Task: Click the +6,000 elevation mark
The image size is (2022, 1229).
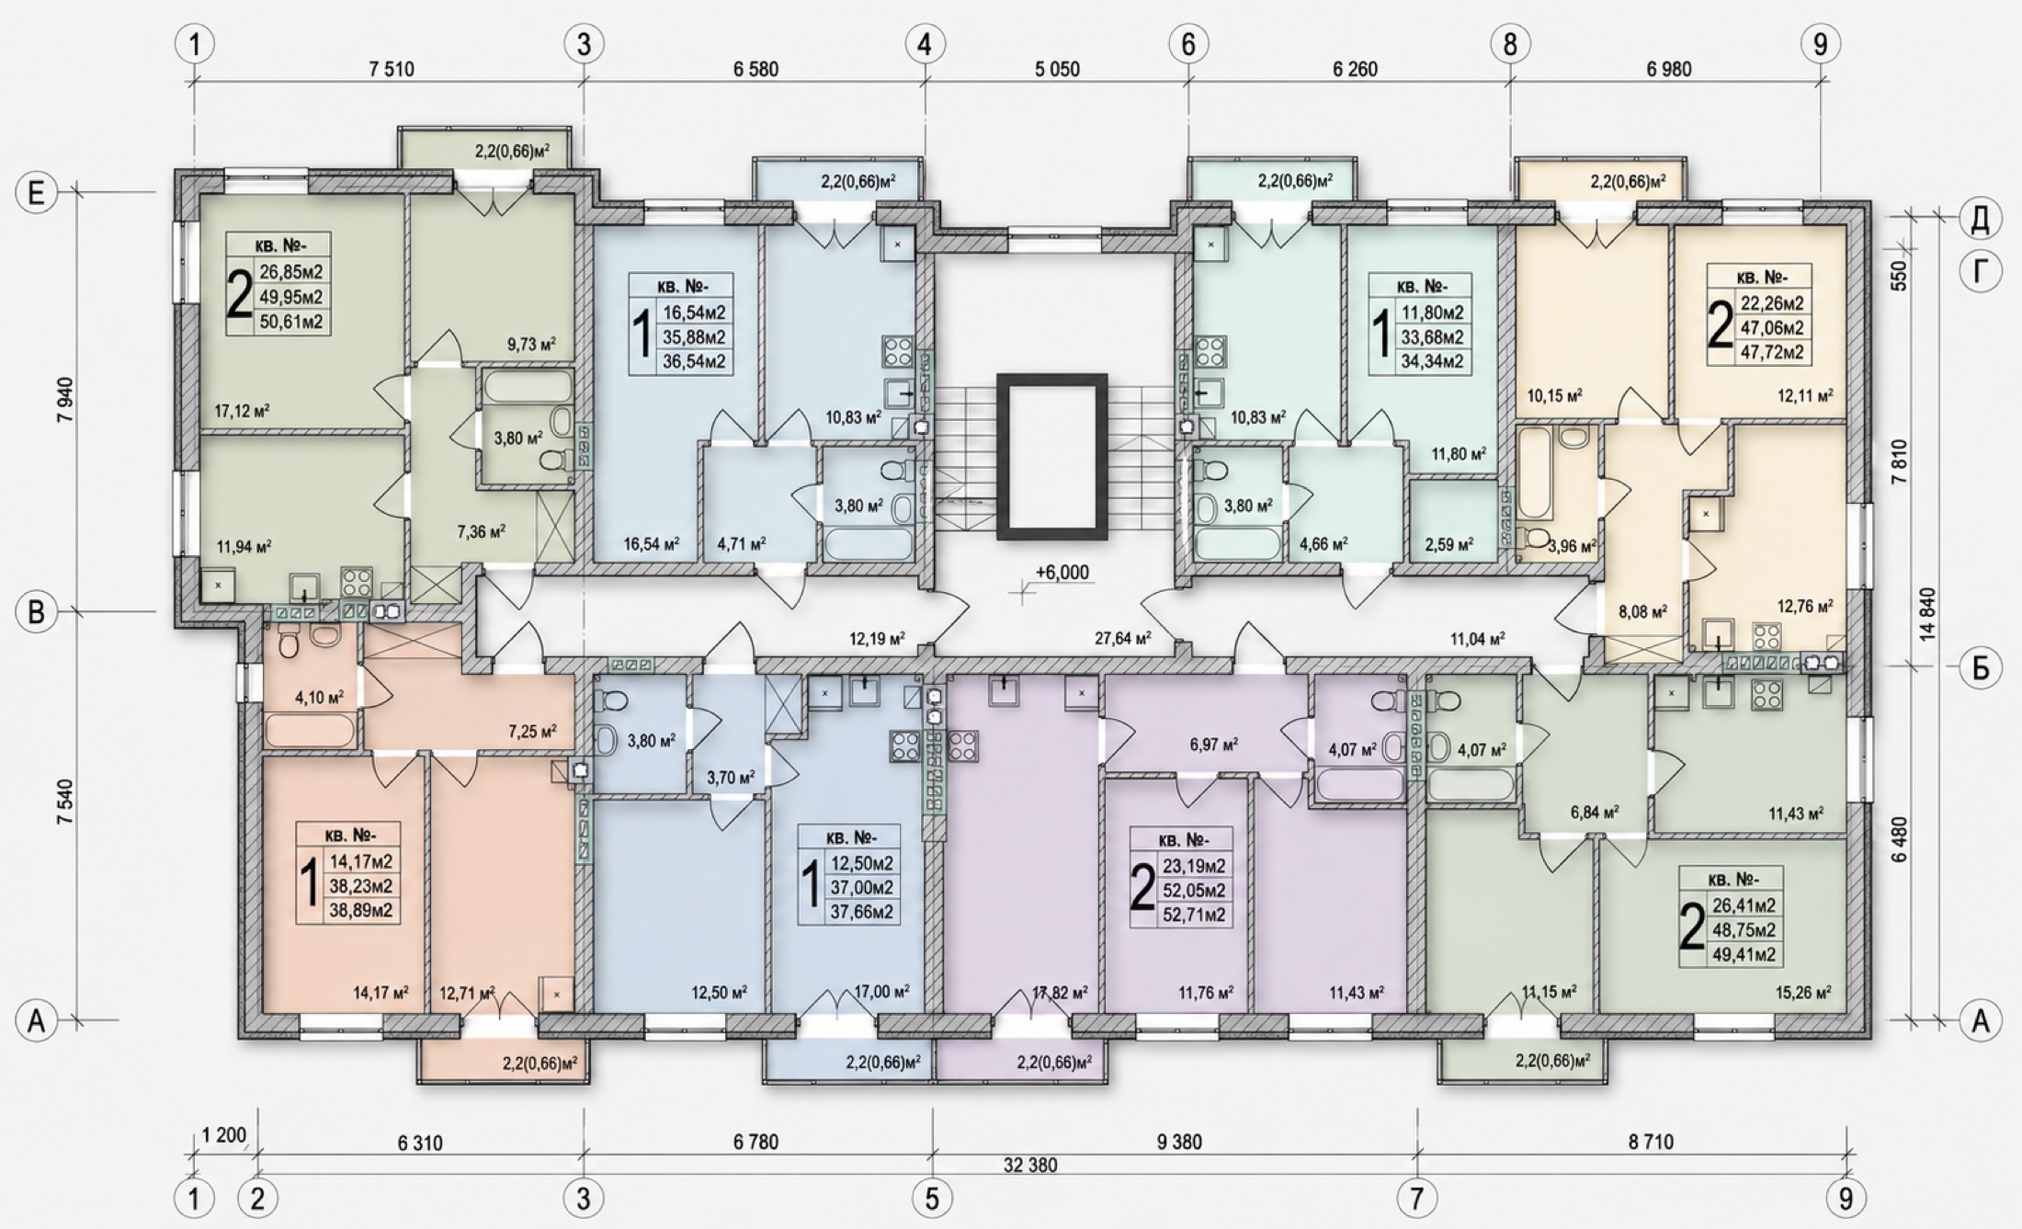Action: [x=1062, y=573]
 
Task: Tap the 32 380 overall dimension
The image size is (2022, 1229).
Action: [x=1030, y=1166]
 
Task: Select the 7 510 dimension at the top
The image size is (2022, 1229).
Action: [x=392, y=69]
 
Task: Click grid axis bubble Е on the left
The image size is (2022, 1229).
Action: [x=37, y=193]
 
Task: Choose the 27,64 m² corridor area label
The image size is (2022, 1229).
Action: [x=1123, y=636]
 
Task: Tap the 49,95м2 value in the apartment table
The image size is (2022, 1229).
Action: [x=291, y=297]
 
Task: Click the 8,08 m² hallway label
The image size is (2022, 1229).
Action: [x=1642, y=610]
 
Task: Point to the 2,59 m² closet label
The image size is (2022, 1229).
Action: [x=1448, y=544]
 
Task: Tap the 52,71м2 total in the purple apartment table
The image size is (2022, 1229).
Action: [x=1193, y=915]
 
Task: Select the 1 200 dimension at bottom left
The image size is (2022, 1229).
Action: [x=224, y=1135]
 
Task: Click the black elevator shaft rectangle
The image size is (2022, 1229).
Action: [x=1052, y=456]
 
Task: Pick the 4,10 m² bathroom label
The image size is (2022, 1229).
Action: [x=319, y=698]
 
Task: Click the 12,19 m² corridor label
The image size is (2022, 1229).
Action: [x=877, y=639]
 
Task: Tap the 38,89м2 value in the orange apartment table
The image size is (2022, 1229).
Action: [x=361, y=911]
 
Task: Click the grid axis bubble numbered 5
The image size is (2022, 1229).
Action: [x=932, y=1199]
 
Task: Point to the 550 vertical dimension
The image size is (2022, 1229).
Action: [x=1900, y=275]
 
